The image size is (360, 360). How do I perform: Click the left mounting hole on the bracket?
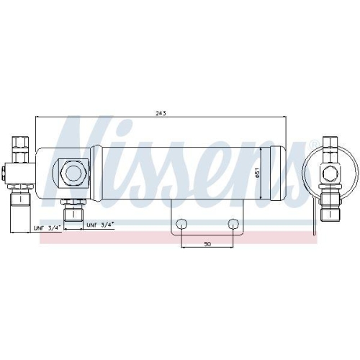(181, 224)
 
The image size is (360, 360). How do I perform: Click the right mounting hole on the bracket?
(233, 224)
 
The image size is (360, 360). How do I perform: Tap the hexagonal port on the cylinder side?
(74, 172)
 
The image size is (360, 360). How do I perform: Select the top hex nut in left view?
(20, 143)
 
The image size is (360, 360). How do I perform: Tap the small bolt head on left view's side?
(4, 172)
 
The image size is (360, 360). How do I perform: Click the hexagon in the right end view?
(330, 172)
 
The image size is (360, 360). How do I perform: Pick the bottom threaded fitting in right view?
(330, 204)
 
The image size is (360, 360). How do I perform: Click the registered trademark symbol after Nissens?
(312, 147)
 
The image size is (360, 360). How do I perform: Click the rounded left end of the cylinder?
(41, 172)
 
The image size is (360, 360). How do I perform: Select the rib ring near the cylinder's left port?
(97, 172)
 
